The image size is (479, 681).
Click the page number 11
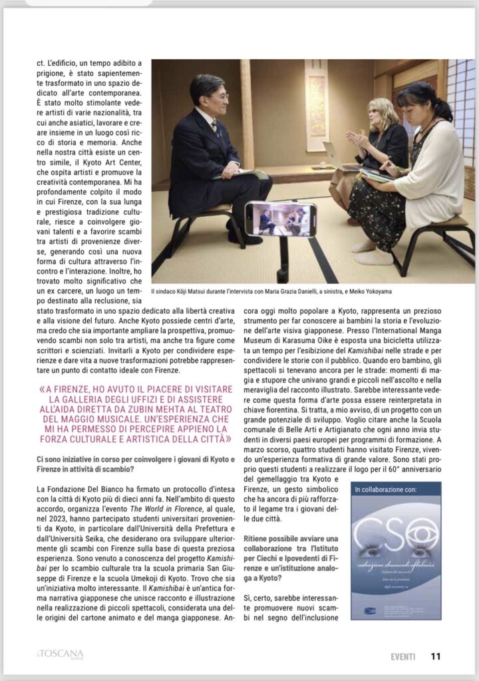point(436,656)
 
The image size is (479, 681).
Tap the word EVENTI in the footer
point(403,656)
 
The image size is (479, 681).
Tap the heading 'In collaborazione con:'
point(387,489)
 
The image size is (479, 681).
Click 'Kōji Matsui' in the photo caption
point(201,291)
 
